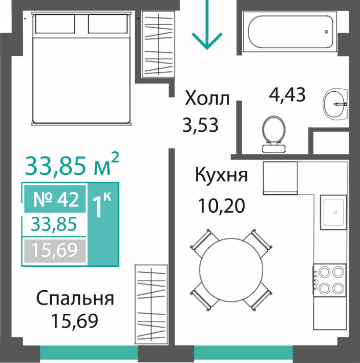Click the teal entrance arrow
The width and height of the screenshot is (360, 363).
pyautogui.click(x=207, y=24)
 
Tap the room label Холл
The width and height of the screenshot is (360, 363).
pyautogui.click(x=207, y=98)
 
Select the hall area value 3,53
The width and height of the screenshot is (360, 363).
pyautogui.click(x=200, y=125)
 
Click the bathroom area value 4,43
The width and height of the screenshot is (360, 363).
pyautogui.click(x=287, y=94)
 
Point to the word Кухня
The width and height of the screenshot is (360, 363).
pyautogui.click(x=221, y=175)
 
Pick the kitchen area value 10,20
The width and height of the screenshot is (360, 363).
pyautogui.click(x=222, y=206)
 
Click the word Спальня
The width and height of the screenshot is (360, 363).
pyautogui.click(x=75, y=298)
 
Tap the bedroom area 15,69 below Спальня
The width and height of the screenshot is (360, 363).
pyautogui.click(x=75, y=321)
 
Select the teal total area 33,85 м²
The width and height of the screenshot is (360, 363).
pyautogui.click(x=72, y=165)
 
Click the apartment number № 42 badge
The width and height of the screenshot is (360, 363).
pyautogui.click(x=55, y=199)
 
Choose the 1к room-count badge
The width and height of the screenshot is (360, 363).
pyautogui.click(x=103, y=224)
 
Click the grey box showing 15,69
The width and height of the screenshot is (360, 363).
pyautogui.click(x=55, y=251)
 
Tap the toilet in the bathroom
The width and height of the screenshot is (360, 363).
pyautogui.click(x=274, y=134)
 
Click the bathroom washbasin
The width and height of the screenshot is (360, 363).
pyautogui.click(x=335, y=104)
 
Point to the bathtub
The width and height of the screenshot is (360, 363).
pyautogui.click(x=290, y=32)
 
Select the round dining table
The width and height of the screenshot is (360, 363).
pyautogui.click(x=231, y=270)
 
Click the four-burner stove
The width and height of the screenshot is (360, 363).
pyautogui.click(x=330, y=279)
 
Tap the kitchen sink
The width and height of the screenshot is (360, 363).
pyautogui.click(x=333, y=212)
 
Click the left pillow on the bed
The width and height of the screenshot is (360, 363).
pyautogui.click(x=55, y=24)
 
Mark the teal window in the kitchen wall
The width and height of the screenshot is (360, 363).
pyautogui.click(x=243, y=352)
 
